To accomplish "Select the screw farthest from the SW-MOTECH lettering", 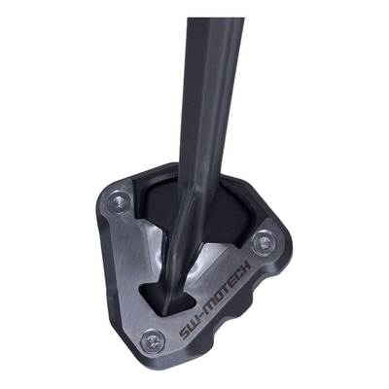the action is [x=119, y=202].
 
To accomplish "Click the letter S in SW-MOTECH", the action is [x=186, y=330].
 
